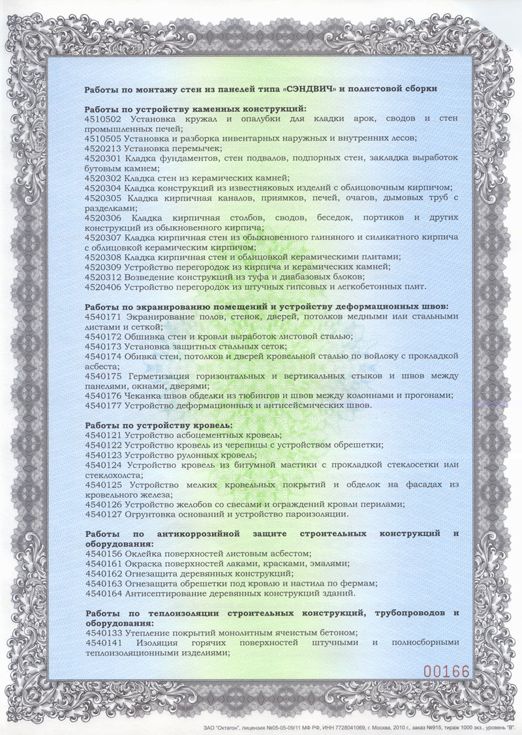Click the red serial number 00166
447,670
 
